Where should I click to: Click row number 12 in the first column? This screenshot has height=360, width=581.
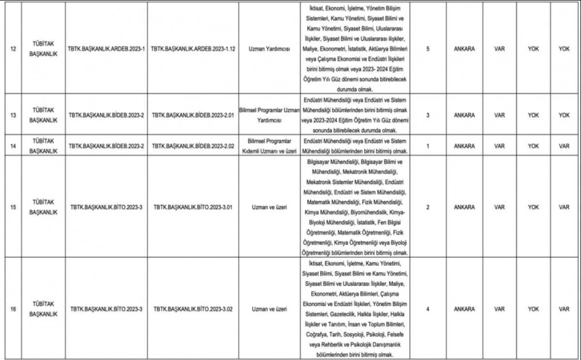(x=13, y=49)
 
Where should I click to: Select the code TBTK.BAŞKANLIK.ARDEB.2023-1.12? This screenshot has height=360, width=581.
(x=193, y=49)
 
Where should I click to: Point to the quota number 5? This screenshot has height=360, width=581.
(x=428, y=49)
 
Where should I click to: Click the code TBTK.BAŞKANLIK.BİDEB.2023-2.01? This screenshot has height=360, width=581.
(x=193, y=115)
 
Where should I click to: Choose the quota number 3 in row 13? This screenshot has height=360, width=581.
(x=428, y=115)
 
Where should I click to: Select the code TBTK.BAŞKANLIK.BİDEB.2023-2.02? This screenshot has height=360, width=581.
(x=193, y=145)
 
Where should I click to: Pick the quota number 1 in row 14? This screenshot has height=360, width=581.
(x=428, y=145)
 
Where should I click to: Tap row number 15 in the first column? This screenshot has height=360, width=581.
(x=13, y=207)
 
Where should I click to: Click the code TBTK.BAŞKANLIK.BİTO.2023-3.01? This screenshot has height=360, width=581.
(x=193, y=207)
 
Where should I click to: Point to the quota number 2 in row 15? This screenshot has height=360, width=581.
(x=428, y=207)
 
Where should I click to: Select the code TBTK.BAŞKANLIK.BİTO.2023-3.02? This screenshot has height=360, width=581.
(x=193, y=309)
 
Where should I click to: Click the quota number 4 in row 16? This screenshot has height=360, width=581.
(x=428, y=309)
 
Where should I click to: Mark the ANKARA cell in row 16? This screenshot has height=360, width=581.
(x=464, y=309)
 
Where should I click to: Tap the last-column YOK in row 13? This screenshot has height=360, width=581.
(x=564, y=115)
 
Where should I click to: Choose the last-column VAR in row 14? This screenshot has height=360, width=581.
(x=564, y=145)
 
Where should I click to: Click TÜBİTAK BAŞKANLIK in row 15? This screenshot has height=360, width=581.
(x=43, y=207)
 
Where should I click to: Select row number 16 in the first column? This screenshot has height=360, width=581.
(x=13, y=309)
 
